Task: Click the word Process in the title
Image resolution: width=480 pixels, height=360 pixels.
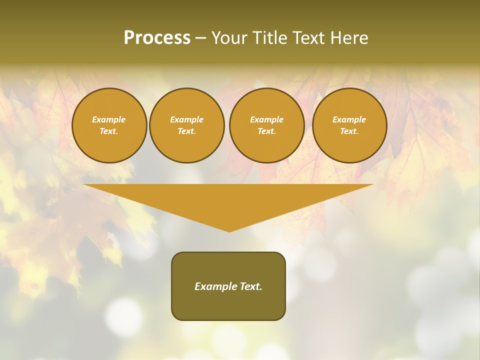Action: coord(157,37)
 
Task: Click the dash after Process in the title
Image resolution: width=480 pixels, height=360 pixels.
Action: coord(201,38)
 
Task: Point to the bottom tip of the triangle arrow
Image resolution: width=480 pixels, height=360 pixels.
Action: coord(229,231)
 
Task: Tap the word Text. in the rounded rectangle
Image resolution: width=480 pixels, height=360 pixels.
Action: coord(249,286)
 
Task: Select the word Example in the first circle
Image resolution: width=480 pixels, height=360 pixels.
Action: coord(109,119)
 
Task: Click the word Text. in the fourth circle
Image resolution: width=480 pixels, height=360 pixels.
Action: coord(349,131)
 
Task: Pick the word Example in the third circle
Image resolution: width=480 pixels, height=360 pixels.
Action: coord(266,119)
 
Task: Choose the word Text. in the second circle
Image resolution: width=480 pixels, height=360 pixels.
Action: coord(187,131)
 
